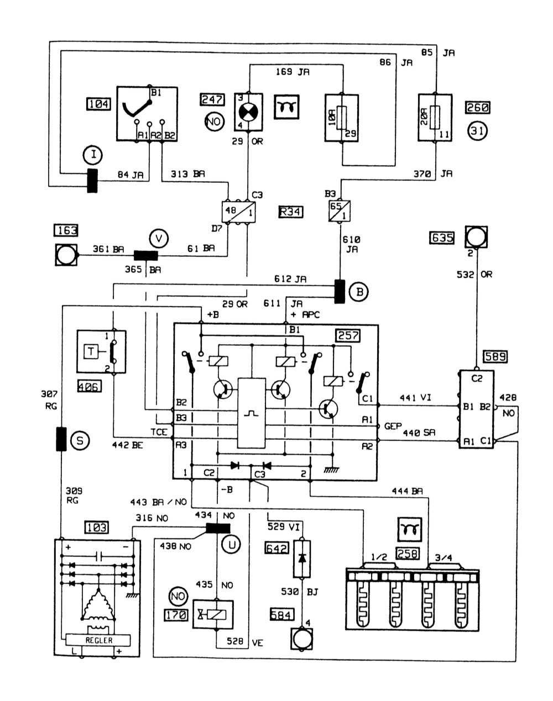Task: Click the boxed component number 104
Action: tap(99, 103)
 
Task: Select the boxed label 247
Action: tap(213, 100)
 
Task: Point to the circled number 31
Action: tap(477, 131)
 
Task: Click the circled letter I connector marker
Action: tap(94, 155)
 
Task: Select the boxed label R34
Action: tap(291, 211)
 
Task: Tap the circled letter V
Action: tap(159, 239)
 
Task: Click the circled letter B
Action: tap(359, 291)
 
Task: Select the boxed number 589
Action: tap(494, 356)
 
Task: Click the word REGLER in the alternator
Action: tap(99, 640)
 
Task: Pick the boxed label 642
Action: tap(277, 549)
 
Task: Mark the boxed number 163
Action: tap(66, 230)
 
